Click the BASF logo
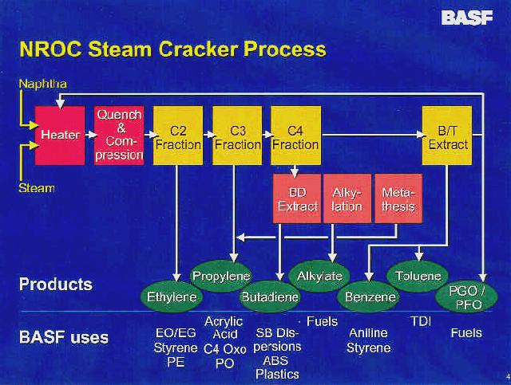coord(467,18)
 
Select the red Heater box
coord(60,136)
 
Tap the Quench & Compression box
coord(119,136)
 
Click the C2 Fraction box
coord(178,136)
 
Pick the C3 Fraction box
coord(237,136)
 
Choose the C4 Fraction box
coord(295,136)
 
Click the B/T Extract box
coord(447,136)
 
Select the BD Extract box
coord(297,198)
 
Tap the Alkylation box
coord(347,198)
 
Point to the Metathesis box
coord(398,198)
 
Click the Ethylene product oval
coord(172,297)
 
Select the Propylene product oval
coord(221,276)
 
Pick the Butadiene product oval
coord(270,297)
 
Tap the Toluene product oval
coord(418,277)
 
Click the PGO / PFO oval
coord(466,298)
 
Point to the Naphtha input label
coord(43,84)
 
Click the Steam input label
coord(37,188)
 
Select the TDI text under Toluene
coord(421,321)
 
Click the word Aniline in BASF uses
coord(368,333)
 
